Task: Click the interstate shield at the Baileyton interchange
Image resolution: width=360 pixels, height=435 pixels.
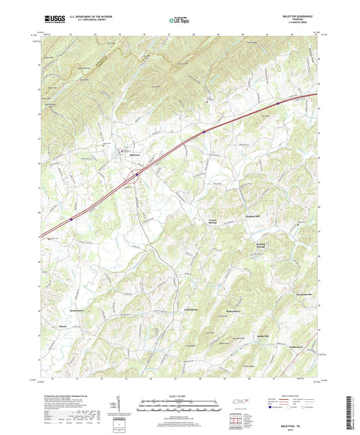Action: (136, 174)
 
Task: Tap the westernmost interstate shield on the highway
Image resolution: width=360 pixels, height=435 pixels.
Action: (70, 219)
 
